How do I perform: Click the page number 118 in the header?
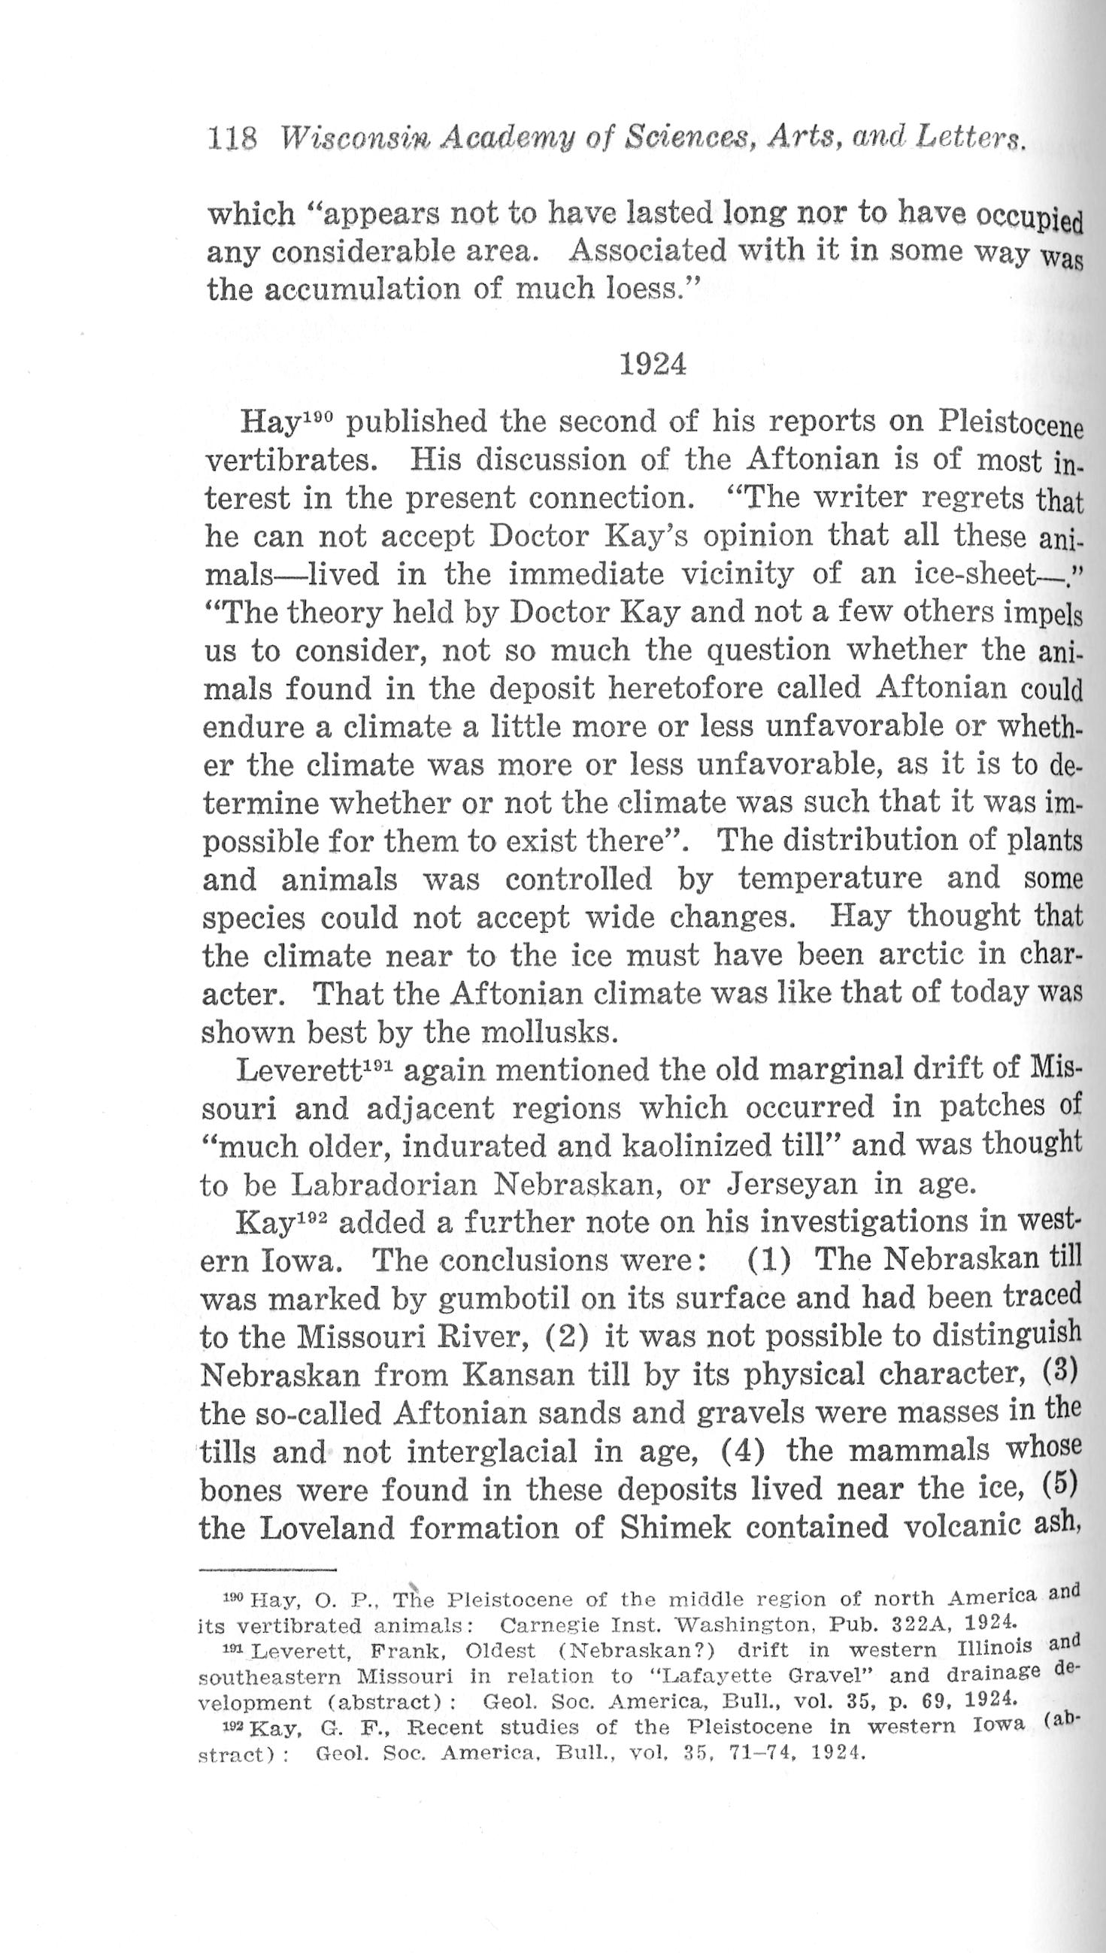click(232, 139)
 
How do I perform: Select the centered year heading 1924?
click(653, 365)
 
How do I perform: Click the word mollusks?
click(547, 1032)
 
